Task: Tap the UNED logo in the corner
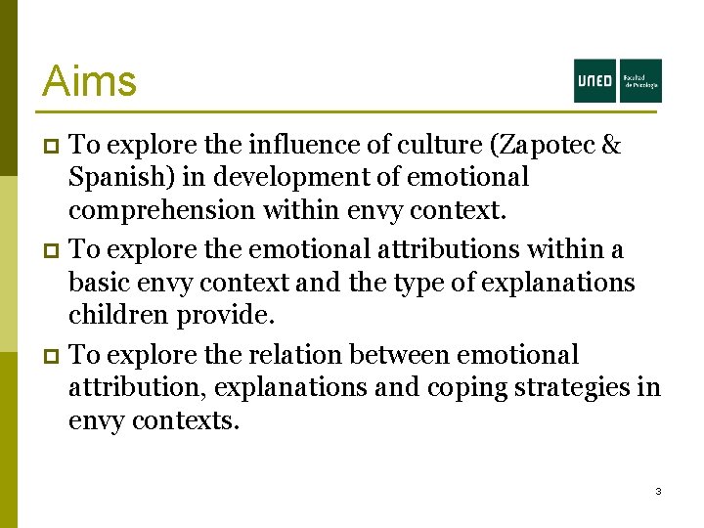click(617, 80)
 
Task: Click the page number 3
click(658, 491)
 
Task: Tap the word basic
click(95, 284)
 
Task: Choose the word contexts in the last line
click(185, 421)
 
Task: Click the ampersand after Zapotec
click(611, 145)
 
